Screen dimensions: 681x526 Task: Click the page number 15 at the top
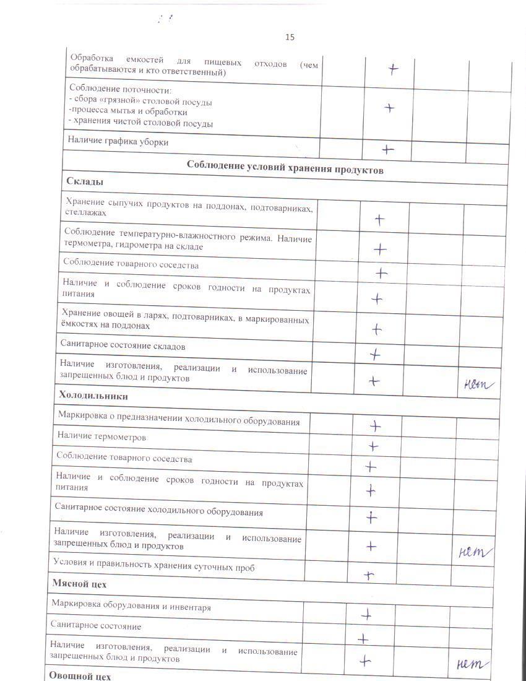[x=290, y=37]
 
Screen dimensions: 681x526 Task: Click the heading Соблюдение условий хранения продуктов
[x=285, y=169]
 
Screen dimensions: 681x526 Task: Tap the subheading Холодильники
[x=93, y=395]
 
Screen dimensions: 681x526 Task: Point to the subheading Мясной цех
[x=79, y=584]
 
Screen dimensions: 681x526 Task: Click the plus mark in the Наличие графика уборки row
[x=387, y=149]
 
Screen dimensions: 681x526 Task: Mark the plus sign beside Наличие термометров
[x=373, y=446]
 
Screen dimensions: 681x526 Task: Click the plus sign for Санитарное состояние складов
[x=374, y=355]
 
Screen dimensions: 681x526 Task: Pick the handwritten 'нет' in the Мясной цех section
[x=472, y=664]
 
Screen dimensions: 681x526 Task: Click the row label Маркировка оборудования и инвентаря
[x=131, y=607]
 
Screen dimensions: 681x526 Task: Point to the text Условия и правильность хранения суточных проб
[x=154, y=566]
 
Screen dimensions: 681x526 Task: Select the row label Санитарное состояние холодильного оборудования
[x=159, y=513]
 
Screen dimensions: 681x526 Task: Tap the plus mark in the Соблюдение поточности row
[x=389, y=108]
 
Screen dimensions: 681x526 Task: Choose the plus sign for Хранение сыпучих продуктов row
[x=379, y=220]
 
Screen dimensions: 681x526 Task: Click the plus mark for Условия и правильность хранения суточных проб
[x=369, y=575]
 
